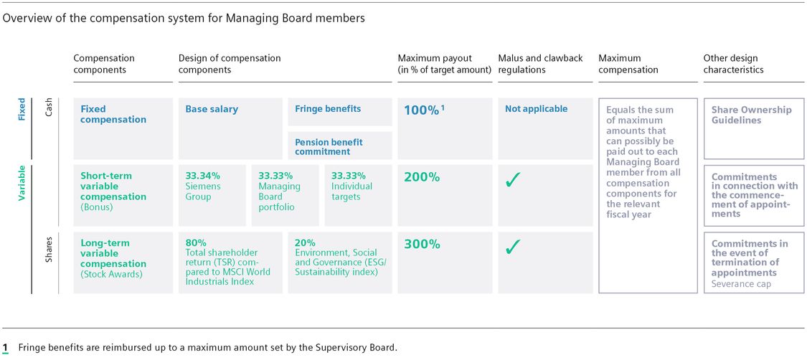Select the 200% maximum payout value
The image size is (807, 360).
[422, 176]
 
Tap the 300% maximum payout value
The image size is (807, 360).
[422, 244]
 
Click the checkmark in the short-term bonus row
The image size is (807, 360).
[512, 181]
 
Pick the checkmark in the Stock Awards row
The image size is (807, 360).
[512, 247]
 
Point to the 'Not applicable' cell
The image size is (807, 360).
[536, 109]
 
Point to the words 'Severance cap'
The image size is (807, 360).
[741, 284]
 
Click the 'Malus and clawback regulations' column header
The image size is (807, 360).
[540, 64]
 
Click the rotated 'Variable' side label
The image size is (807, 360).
[22, 184]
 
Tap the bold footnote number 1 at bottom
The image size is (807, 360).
[5, 348]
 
